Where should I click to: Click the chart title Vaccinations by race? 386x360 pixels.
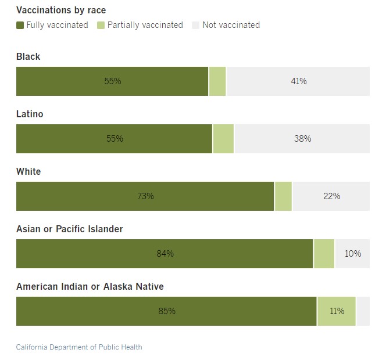[x=61, y=10]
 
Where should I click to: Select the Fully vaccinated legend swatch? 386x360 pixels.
[x=20, y=25]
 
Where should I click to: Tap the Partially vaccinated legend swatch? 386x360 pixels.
[x=101, y=25]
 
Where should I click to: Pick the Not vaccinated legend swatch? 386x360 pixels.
[x=195, y=25]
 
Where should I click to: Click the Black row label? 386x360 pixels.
[x=28, y=57]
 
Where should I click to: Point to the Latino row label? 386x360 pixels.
[x=30, y=114]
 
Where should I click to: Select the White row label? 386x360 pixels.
[x=28, y=172]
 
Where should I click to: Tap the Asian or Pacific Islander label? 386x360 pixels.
[x=70, y=229]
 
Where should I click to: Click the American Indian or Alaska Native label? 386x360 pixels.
[x=90, y=286]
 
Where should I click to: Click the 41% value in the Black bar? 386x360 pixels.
[x=299, y=81]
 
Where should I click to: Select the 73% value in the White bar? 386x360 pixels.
[x=145, y=196]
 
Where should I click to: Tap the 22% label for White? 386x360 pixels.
[x=331, y=196]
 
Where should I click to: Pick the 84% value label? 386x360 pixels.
[x=165, y=254]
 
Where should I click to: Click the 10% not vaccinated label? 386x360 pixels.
[x=353, y=254]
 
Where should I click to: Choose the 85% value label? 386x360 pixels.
[x=167, y=311]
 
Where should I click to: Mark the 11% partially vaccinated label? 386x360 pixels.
[x=337, y=311]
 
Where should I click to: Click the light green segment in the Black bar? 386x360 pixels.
[x=217, y=81]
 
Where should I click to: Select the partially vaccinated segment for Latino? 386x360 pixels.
[x=223, y=139]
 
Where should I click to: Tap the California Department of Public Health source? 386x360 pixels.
[x=79, y=347]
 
